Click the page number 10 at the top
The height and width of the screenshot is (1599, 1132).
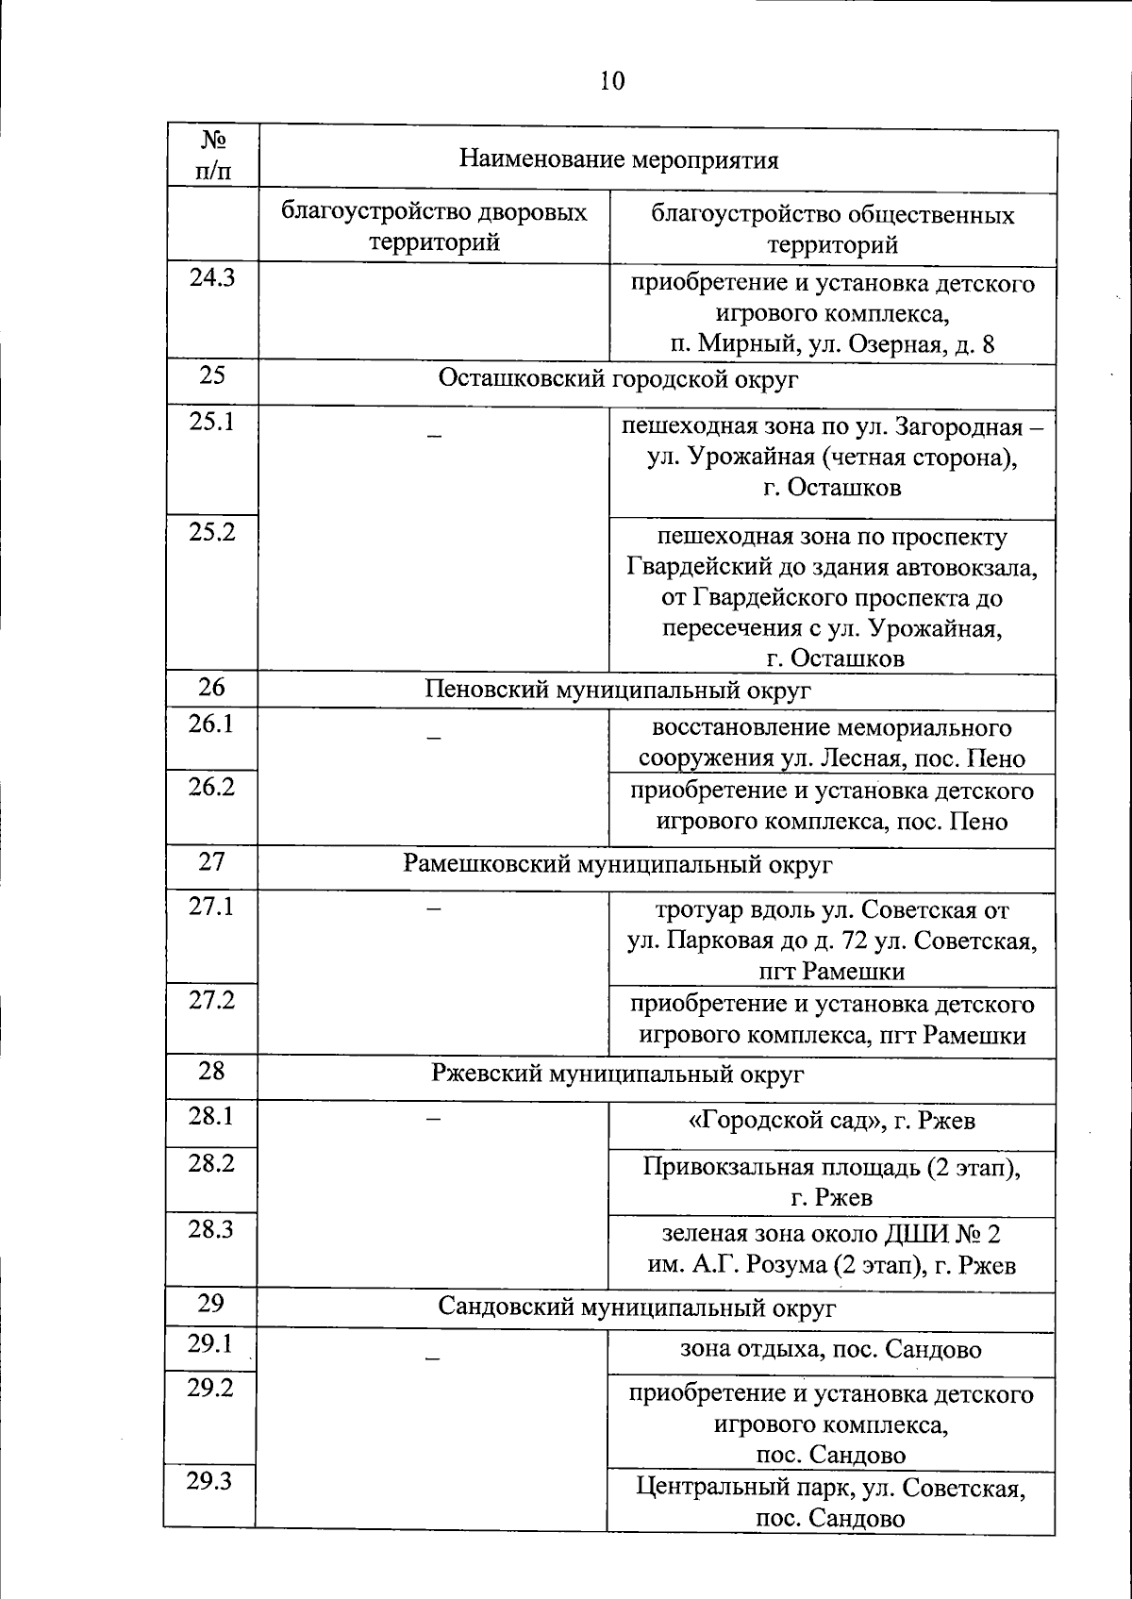[611, 81]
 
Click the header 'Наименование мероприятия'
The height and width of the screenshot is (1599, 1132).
[619, 158]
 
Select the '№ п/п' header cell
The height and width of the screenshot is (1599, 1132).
[213, 156]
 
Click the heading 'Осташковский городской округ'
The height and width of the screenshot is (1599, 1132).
[619, 379]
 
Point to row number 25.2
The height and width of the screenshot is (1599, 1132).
[212, 532]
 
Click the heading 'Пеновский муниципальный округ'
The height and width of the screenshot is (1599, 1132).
[619, 690]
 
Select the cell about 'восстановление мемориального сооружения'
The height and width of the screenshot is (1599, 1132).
[831, 742]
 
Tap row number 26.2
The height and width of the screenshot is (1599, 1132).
[211, 786]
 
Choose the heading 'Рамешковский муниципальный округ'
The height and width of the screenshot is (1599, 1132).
[619, 864]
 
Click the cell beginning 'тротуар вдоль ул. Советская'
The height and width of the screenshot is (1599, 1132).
[831, 941]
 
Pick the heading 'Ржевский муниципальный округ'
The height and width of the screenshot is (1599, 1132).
[619, 1074]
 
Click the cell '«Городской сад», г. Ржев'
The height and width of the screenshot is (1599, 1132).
[831, 1121]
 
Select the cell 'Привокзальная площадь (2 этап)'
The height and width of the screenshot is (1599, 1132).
[831, 1182]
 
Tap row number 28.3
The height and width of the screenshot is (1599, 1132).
[211, 1229]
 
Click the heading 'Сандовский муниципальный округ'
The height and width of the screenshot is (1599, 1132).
[619, 1308]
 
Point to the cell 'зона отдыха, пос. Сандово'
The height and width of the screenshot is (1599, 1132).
[831, 1349]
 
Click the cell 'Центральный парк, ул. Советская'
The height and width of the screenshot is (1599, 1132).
[831, 1504]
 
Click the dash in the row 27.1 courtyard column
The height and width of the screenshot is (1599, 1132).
[434, 908]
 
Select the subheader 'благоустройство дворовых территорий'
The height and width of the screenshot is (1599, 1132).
[434, 226]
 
